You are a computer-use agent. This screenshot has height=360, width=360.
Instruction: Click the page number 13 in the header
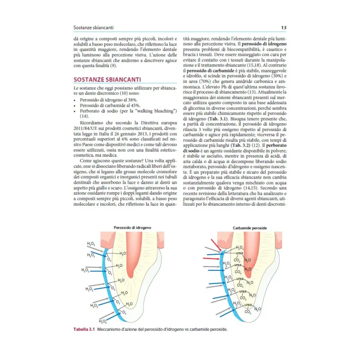click(x=283, y=28)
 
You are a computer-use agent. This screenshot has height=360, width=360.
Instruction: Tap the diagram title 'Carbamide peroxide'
click(x=250, y=228)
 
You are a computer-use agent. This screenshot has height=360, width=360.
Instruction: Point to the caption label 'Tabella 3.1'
click(x=85, y=329)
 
